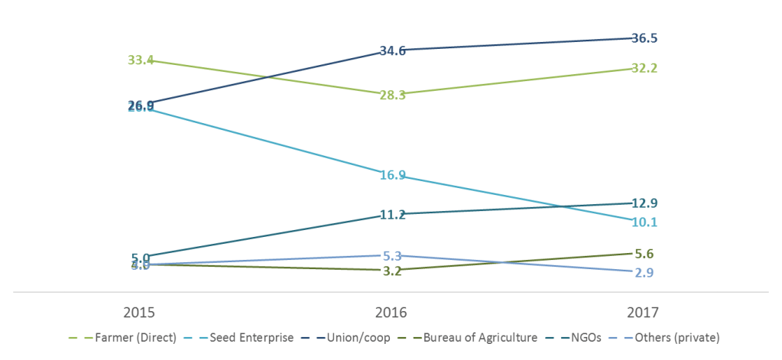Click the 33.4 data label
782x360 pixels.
point(141,60)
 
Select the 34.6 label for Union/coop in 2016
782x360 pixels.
point(393,51)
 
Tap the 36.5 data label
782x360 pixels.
point(644,37)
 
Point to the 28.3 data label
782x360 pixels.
point(393,95)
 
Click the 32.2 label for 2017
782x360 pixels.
point(644,68)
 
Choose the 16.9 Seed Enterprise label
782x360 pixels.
point(393,175)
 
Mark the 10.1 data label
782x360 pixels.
point(644,222)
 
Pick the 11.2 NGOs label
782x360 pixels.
point(393,215)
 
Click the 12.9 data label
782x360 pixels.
point(644,203)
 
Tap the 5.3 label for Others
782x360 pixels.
point(393,255)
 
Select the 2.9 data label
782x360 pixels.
point(644,273)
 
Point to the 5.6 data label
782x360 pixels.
point(644,255)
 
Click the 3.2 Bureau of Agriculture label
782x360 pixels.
point(393,271)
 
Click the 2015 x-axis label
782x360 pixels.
point(141,313)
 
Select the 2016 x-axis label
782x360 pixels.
point(393,313)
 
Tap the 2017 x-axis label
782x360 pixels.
point(644,313)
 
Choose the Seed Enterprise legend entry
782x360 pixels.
point(259,337)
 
